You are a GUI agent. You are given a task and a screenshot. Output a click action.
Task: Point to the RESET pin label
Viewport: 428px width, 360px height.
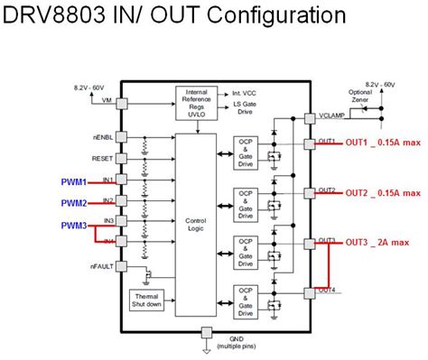pyautogui.click(x=102, y=157)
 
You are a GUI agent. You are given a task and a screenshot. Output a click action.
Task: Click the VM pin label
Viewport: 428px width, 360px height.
pyautogui.click(x=107, y=99)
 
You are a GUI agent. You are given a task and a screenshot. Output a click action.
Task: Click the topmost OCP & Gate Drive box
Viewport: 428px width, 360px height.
pyautogui.click(x=246, y=150)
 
